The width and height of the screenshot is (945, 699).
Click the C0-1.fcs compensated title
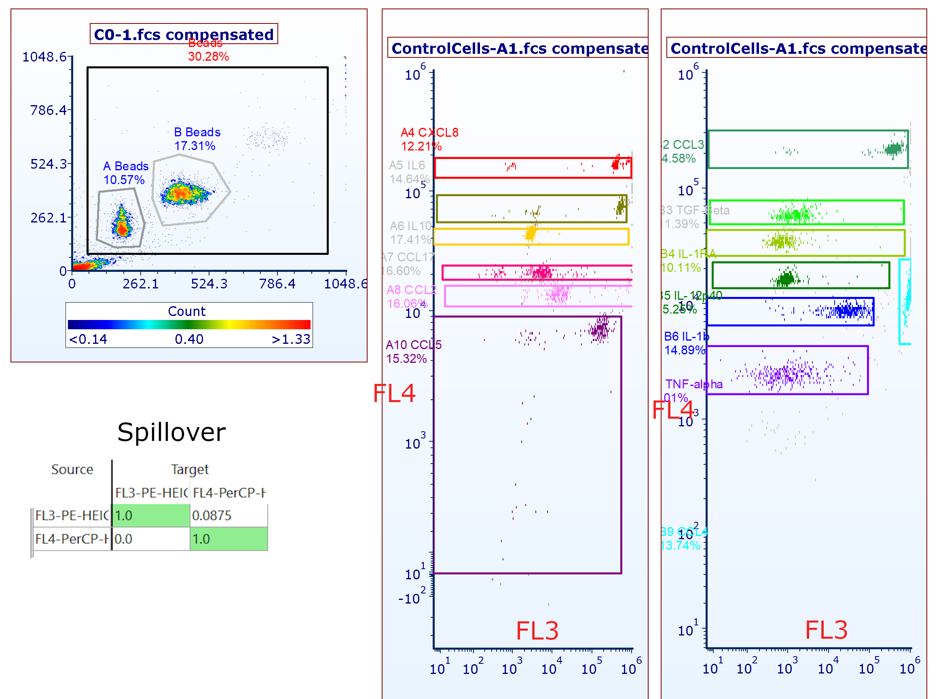pyautogui.click(x=184, y=34)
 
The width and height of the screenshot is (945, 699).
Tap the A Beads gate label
pyautogui.click(x=126, y=166)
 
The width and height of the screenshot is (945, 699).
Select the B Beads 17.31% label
pyautogui.click(x=197, y=139)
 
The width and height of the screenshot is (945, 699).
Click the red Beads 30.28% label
pyautogui.click(x=208, y=50)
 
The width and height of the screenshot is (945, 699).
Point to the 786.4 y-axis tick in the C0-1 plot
pyautogui.click(x=48, y=110)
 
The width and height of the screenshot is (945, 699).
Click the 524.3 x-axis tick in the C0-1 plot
pyautogui.click(x=209, y=284)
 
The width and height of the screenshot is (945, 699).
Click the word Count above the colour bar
pyautogui.click(x=186, y=311)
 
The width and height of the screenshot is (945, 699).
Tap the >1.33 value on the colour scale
pyautogui.click(x=291, y=339)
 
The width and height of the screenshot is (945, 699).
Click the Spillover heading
pyautogui.click(x=171, y=432)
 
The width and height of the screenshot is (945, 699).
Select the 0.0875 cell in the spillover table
pyautogui.click(x=212, y=516)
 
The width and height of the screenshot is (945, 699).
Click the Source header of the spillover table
pyautogui.click(x=72, y=470)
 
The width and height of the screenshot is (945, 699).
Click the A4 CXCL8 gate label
pyautogui.click(x=429, y=133)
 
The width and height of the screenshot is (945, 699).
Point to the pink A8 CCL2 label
pyautogui.click(x=411, y=290)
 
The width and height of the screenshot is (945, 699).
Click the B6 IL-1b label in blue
pyautogui.click(x=686, y=337)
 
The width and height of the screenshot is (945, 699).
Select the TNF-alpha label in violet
pyautogui.click(x=693, y=384)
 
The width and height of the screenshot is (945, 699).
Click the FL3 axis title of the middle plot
pyautogui.click(x=537, y=631)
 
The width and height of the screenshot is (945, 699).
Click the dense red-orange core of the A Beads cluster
pyautogui.click(x=122, y=229)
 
